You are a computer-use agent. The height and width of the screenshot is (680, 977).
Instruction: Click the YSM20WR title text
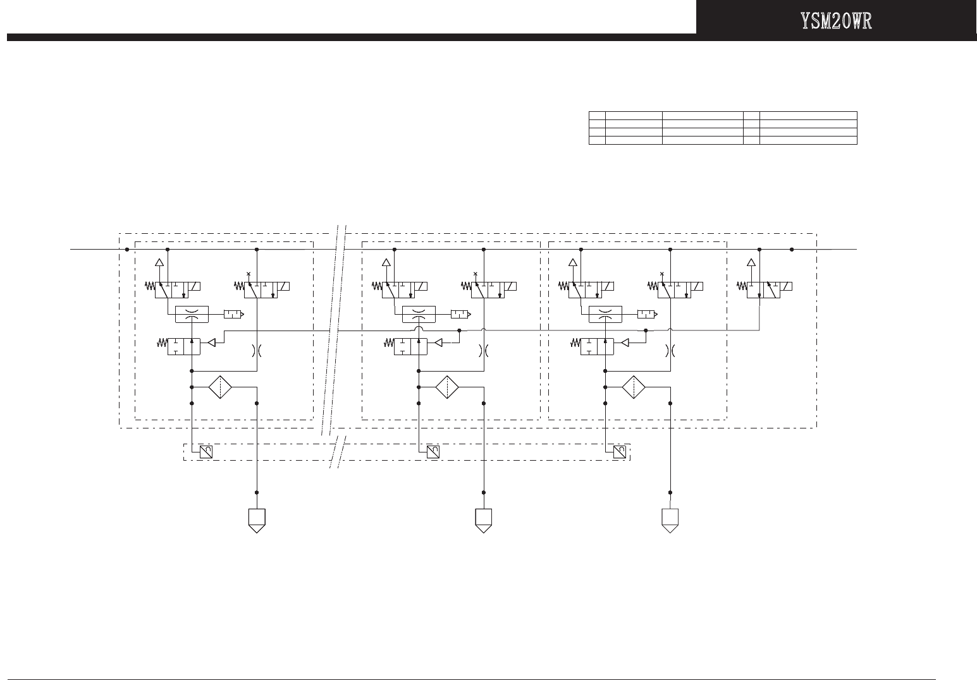pyautogui.click(x=836, y=21)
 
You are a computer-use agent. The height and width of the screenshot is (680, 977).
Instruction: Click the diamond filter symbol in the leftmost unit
pyautogui.click(x=220, y=387)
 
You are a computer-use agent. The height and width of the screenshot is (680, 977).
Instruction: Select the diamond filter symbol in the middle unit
pyautogui.click(x=447, y=387)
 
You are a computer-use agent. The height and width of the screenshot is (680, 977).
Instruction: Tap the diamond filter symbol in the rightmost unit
pyautogui.click(x=634, y=387)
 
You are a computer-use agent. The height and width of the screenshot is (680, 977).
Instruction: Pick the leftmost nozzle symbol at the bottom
pyautogui.click(x=256, y=520)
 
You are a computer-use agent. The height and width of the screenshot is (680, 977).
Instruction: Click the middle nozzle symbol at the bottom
pyautogui.click(x=484, y=520)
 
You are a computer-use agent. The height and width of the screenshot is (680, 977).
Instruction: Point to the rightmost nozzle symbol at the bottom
pyautogui.click(x=670, y=520)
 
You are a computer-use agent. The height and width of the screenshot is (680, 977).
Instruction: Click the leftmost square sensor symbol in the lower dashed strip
pyautogui.click(x=206, y=452)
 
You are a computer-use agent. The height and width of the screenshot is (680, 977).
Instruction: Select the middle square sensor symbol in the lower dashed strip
pyautogui.click(x=433, y=452)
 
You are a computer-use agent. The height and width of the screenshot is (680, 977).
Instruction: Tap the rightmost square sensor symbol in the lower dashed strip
pyautogui.click(x=620, y=452)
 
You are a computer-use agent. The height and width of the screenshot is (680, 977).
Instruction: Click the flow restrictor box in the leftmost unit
pyautogui.click(x=191, y=314)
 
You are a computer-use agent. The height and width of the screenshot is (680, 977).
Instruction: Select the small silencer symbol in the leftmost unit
pyautogui.click(x=233, y=314)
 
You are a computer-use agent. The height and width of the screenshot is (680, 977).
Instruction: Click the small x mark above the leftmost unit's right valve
pyautogui.click(x=249, y=274)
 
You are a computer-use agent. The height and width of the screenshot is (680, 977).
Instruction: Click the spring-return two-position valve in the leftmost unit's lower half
pyautogui.click(x=183, y=346)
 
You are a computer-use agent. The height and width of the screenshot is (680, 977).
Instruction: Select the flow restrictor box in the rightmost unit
pyautogui.click(x=605, y=314)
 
